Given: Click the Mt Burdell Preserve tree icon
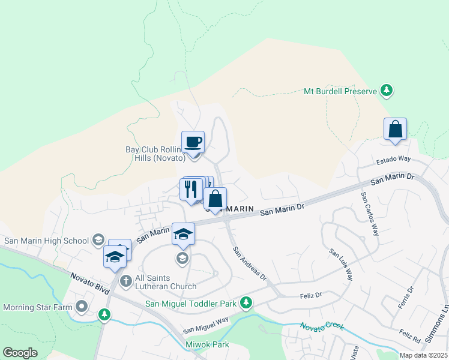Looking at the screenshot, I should pos(387,91).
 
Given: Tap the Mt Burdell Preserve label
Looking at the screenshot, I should pos(340,92).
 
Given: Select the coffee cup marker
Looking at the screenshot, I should pos(193,142).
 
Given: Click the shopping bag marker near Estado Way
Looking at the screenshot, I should pos(395,130).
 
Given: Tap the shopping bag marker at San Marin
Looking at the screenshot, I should pos(215,198).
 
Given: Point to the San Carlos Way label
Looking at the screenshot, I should pos(370,213).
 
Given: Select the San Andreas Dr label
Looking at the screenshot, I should pos(249,264).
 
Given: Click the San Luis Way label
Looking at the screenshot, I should pos(341,264).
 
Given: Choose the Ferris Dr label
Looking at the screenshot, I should pos(406,298).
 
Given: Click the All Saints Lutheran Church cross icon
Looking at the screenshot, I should pos(125,280).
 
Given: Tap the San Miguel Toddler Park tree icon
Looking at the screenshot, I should pos(246,303).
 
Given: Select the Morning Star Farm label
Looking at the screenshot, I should pos(38,308).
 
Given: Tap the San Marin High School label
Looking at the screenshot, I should pos(46,241).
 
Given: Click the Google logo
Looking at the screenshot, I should pos(20,353).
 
